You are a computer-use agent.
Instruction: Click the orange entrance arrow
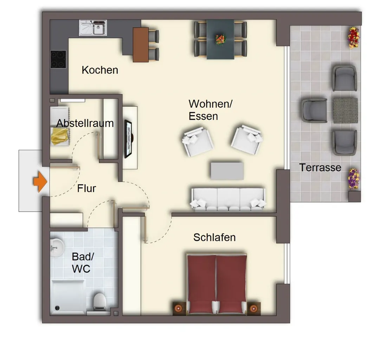(x=40, y=181)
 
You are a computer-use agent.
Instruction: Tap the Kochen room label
(x=100, y=70)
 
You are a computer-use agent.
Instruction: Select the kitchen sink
(x=93, y=28)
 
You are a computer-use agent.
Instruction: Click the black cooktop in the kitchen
(x=58, y=59)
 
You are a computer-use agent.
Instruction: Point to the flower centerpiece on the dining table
(x=220, y=39)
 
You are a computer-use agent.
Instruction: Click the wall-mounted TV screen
(x=128, y=139)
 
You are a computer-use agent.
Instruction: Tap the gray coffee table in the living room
(x=227, y=171)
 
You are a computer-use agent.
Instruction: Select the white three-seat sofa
(x=228, y=199)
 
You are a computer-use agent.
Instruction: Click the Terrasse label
(x=320, y=167)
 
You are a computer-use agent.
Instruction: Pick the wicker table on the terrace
(x=345, y=110)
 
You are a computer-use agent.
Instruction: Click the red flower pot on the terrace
(x=354, y=37)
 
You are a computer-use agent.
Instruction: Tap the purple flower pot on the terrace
(x=354, y=179)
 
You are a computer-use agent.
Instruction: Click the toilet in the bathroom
(x=100, y=302)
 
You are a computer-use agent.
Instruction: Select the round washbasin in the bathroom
(x=57, y=247)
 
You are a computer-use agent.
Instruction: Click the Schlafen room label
(x=214, y=237)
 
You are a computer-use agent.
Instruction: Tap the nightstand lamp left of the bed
(x=178, y=308)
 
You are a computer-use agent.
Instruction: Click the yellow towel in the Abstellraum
(x=59, y=136)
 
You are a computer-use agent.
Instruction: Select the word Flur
(x=86, y=188)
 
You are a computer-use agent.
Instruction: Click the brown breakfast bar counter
(x=141, y=45)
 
